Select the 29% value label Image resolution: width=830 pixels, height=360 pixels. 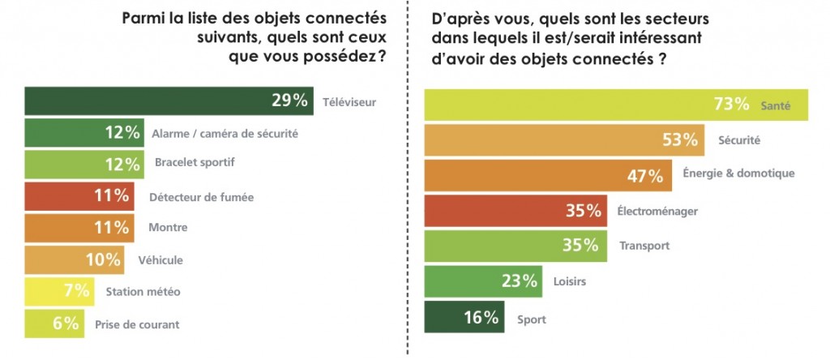tap(289, 101)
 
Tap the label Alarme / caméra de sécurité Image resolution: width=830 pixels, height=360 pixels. tap(225, 133)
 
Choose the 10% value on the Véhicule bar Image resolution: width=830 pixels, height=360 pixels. tap(103, 259)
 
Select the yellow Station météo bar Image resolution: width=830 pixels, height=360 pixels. tap(49, 291)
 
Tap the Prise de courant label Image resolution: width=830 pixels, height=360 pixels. tap(138, 324)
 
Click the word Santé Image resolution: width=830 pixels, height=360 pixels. tap(775, 105)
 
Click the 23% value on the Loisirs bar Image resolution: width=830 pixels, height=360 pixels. tap(520, 281)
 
